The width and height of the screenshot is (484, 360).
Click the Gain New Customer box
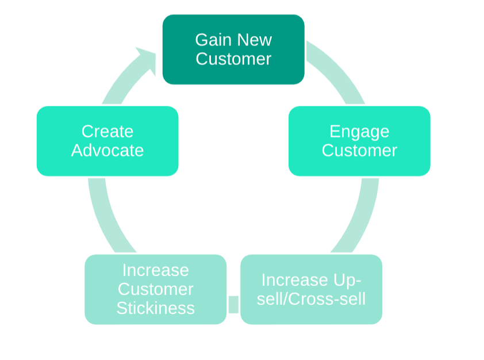(233, 49)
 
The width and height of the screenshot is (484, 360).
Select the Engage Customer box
(359, 141)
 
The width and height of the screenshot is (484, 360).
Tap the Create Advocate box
(107, 141)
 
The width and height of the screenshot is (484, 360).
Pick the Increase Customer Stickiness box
(156, 289)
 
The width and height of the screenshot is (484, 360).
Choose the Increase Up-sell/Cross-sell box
(311, 289)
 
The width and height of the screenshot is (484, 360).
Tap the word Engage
(359, 132)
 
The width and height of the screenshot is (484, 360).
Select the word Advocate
(107, 151)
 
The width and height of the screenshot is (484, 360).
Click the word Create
(107, 132)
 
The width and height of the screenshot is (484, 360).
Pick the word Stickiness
(156, 308)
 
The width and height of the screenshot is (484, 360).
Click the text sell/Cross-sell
(311, 299)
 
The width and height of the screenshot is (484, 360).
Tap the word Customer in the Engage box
(359, 151)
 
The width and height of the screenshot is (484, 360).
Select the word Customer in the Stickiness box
(156, 289)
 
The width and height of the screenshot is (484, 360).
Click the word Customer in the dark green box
(233, 59)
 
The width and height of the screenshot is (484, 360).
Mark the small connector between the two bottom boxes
(233, 304)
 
